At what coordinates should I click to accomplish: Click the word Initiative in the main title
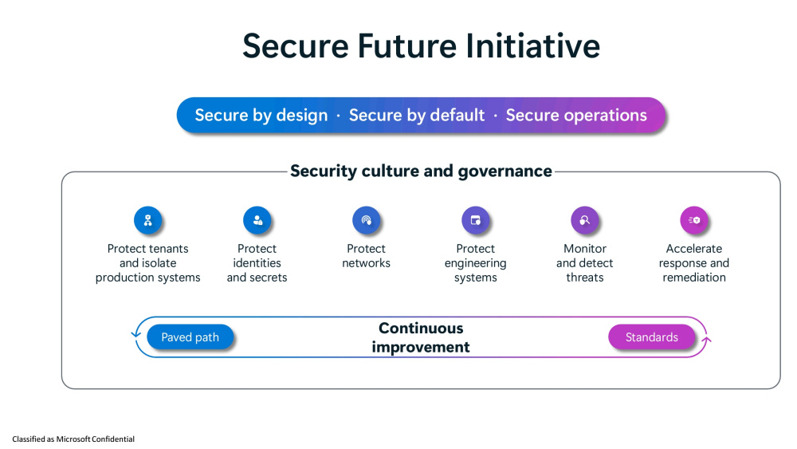532,45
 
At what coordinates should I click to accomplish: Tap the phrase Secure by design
261,116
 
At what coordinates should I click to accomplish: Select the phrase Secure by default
417,116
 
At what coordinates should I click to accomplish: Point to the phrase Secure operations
576,116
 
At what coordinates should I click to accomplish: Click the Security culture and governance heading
421,171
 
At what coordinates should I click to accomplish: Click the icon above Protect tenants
148,220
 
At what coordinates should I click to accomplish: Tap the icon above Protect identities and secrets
257,220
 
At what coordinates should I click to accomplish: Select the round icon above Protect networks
367,220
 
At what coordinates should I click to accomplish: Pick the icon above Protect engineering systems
476,220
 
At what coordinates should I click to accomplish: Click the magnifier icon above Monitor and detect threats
585,220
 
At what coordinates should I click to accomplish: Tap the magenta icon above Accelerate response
694,220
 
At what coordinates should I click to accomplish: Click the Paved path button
190,337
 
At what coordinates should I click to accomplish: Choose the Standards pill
652,337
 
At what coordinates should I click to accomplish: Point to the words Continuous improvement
421,337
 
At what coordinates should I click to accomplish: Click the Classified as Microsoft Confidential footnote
73,439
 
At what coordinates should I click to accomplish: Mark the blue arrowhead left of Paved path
135,333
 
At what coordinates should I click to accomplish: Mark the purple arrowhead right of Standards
706,340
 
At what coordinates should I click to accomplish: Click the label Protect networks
367,256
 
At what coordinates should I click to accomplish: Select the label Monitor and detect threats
585,263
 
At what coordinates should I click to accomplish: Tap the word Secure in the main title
296,45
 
